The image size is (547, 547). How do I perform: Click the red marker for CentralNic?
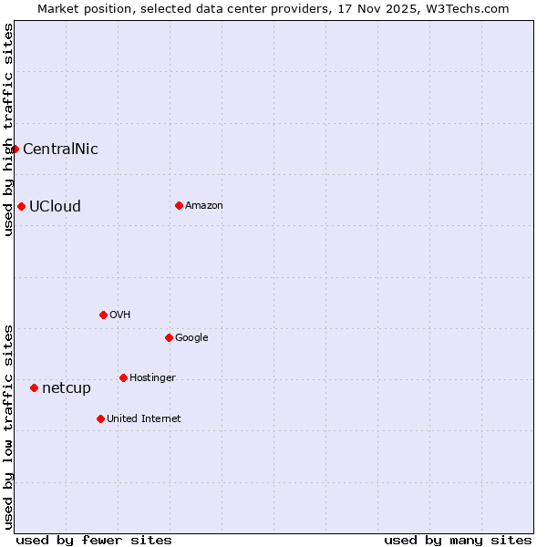click(15, 149)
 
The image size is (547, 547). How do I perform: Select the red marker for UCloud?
click(21, 206)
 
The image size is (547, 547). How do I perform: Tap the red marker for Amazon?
click(179, 205)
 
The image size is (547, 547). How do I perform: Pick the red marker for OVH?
click(103, 315)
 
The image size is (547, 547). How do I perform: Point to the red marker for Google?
click(169, 337)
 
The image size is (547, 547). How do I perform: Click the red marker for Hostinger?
click(123, 377)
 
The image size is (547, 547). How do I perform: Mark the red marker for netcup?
click(34, 387)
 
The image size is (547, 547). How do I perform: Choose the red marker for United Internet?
click(100, 418)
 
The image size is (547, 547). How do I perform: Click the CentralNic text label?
click(60, 150)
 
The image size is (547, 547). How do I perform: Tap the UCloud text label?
click(55, 207)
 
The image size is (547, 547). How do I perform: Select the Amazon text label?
click(204, 206)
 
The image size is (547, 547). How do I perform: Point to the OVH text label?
click(120, 315)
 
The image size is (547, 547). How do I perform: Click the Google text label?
click(191, 338)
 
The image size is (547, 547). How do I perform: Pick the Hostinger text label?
click(152, 378)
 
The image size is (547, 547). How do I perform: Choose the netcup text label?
click(67, 388)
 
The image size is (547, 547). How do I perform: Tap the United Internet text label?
click(144, 419)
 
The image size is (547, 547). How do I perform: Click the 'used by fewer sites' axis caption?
click(94, 541)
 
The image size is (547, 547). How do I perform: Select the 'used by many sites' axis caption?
click(458, 541)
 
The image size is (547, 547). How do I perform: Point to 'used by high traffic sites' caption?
click(8, 129)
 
